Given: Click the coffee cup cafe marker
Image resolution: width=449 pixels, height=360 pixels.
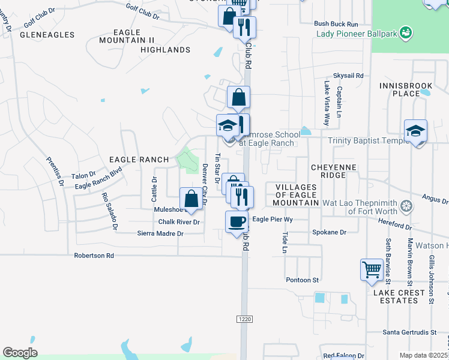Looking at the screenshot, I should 237,221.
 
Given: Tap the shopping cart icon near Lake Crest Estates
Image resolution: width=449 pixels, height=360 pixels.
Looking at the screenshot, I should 372,269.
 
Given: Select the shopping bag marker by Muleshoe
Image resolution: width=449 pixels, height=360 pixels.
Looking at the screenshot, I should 191,199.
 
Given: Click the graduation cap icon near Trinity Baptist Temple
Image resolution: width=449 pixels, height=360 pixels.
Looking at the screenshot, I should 415,131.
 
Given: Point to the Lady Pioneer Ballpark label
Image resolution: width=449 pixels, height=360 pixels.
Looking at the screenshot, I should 357,34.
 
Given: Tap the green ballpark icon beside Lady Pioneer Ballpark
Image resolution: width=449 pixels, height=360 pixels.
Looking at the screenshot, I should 406,32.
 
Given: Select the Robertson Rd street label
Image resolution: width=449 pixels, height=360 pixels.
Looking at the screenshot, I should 94,256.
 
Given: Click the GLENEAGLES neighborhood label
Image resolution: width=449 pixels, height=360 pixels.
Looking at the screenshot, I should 47,35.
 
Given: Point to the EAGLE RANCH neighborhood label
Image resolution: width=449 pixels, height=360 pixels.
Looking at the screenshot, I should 139,160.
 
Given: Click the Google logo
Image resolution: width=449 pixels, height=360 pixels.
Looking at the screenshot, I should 20,353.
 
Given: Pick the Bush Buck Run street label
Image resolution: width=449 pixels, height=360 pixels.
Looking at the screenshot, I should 336,24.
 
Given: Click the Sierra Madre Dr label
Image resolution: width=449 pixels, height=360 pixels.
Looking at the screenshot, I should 160,233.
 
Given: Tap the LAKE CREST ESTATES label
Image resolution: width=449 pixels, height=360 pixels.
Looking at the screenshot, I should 399,297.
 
